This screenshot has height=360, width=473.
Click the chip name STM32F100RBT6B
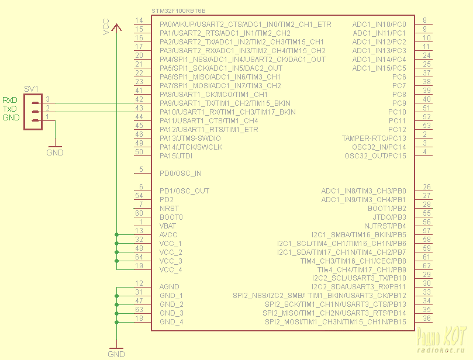click(178, 11)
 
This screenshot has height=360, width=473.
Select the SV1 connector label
click(31, 89)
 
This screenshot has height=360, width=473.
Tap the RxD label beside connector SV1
click(11, 101)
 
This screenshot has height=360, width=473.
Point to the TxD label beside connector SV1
click(11, 109)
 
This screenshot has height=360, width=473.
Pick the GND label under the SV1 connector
click(54, 153)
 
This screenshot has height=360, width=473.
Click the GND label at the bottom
click(116, 354)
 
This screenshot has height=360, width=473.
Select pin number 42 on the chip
click(139, 100)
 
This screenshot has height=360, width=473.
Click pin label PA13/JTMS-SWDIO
click(190, 139)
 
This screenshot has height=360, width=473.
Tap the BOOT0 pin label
click(171, 217)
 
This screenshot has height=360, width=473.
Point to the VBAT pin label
click(168, 226)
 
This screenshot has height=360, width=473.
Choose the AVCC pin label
click(168, 235)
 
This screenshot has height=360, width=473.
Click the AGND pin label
click(169, 287)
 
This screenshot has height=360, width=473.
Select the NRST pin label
click(170, 209)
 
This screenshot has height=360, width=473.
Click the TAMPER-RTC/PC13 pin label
click(374, 139)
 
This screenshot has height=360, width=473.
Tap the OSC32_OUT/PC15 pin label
click(375, 156)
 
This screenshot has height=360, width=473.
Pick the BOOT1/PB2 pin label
click(386, 209)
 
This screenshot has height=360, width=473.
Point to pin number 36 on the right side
click(427, 319)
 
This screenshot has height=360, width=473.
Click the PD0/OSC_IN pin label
click(180, 174)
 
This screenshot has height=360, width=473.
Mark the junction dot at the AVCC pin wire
click(116, 234)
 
